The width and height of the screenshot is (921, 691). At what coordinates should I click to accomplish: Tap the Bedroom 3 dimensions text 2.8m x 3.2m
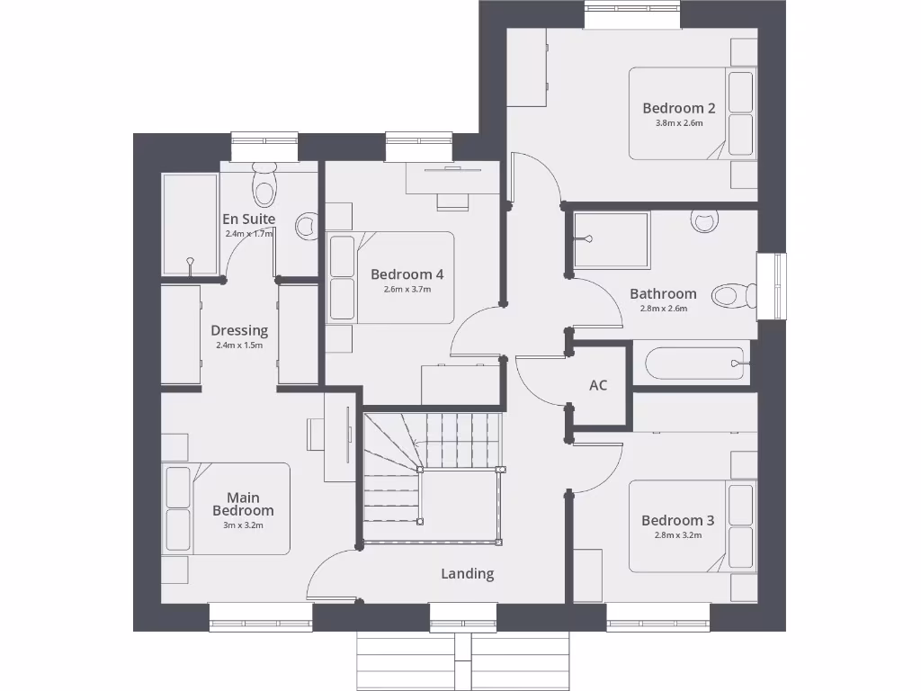point(678,535)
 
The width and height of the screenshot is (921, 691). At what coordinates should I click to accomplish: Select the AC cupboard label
point(598,385)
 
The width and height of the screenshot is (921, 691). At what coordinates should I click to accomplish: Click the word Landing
point(467,573)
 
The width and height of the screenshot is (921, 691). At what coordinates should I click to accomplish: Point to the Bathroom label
point(663,293)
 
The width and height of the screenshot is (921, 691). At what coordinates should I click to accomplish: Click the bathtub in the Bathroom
point(694,363)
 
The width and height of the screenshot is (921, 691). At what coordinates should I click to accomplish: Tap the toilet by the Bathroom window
point(734,295)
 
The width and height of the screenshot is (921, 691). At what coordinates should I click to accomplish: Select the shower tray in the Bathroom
point(612,240)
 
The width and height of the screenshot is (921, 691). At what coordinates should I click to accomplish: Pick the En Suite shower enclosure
point(190,224)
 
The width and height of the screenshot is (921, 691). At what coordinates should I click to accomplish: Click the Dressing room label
point(239,330)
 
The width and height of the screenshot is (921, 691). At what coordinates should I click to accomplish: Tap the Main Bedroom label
point(243,504)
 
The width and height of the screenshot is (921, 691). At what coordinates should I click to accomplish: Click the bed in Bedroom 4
point(396,277)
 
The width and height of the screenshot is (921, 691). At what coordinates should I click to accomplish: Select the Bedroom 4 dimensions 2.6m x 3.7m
point(407,289)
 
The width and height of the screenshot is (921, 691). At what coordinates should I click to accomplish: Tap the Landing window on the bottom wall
point(462,617)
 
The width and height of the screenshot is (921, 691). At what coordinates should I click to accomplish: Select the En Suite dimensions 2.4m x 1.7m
point(249,234)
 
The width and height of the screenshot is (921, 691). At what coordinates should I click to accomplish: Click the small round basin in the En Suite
point(308,226)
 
